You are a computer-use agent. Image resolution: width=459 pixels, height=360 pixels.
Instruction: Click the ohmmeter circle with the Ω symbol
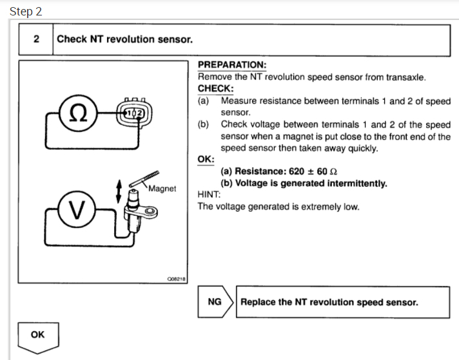point(78,113)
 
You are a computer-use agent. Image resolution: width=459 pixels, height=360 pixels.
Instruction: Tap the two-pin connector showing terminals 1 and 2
point(135,113)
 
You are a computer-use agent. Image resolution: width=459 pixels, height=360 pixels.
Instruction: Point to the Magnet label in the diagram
point(162,189)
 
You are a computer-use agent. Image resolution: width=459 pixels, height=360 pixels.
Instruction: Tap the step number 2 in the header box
point(36,39)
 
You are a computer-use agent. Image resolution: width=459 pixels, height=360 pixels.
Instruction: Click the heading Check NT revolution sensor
point(124,39)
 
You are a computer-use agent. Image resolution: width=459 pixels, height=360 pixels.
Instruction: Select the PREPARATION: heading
point(231,66)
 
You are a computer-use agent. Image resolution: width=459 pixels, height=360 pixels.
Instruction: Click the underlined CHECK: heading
point(215,89)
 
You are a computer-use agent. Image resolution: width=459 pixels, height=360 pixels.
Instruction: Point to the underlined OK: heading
point(206,159)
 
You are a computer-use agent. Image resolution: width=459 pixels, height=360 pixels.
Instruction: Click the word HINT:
point(210,195)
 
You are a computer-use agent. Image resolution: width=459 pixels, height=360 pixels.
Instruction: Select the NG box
point(215,302)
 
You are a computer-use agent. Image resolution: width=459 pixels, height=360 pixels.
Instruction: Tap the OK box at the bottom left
point(38,336)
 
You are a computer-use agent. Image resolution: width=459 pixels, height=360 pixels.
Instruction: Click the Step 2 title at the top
point(26,12)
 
